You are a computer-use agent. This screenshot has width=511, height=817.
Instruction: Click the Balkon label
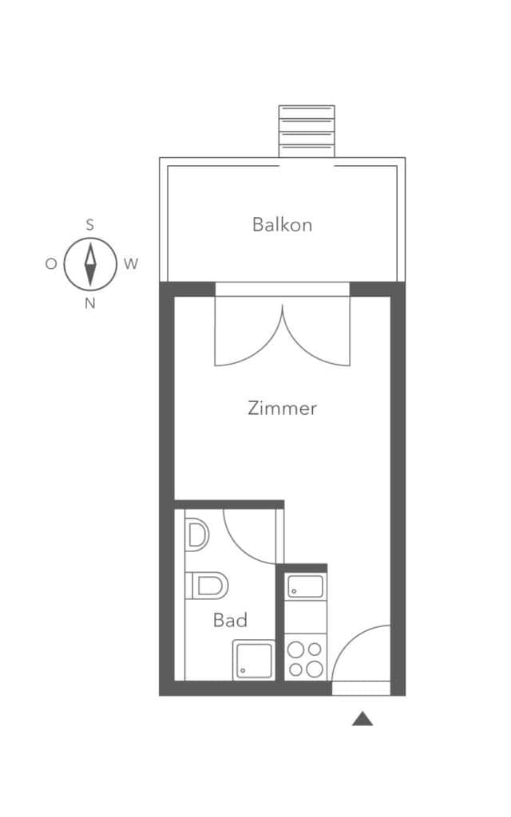pos(282,224)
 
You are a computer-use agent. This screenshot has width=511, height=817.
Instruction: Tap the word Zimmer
pos(282,408)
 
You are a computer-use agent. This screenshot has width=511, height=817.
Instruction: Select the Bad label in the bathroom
pos(230,620)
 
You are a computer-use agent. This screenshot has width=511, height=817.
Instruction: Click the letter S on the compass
pos(90,225)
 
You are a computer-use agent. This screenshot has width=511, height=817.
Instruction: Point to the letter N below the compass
pos(90,303)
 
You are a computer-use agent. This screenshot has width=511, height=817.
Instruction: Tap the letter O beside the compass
pos(51,263)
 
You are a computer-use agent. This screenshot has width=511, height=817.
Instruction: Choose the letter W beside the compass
pos(131,263)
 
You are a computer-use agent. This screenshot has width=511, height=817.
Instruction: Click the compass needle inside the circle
pos(90,263)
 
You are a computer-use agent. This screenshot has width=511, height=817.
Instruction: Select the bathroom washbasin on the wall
pos(197,535)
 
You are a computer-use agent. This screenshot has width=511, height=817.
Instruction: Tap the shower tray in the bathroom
pos(253,660)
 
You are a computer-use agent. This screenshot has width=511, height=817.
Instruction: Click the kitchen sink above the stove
pos(306,586)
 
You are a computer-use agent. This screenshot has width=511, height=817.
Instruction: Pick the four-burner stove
pos(306,658)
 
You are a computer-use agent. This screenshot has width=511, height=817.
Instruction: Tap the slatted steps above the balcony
pos(307,131)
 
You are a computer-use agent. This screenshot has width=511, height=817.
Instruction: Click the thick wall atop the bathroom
pos(229,504)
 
